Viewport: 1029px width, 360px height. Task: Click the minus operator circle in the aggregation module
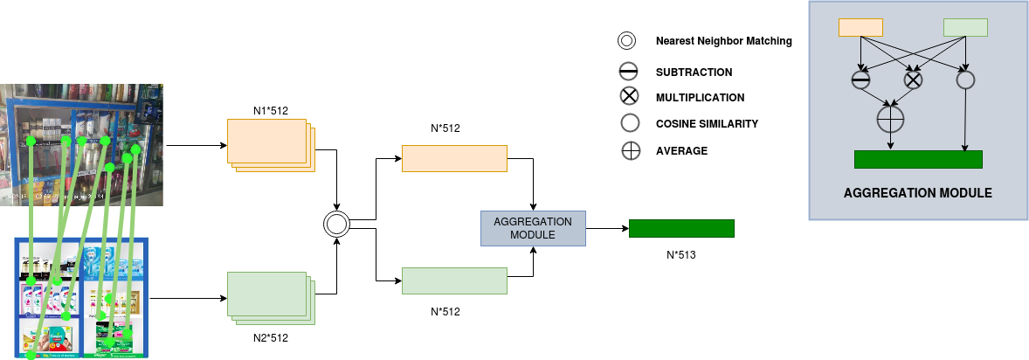(x=860, y=80)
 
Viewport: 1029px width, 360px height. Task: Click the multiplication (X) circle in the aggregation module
(x=913, y=80)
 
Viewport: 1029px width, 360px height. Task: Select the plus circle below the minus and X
(x=889, y=118)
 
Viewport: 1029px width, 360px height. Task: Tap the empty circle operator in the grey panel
(x=965, y=80)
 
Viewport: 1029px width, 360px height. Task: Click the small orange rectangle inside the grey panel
(x=860, y=27)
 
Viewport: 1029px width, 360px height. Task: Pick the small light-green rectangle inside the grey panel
(x=965, y=27)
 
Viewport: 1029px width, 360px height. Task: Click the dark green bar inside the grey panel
(x=918, y=159)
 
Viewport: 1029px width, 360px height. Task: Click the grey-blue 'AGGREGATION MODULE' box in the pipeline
(x=533, y=228)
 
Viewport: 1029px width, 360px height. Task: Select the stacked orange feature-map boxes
(x=269, y=143)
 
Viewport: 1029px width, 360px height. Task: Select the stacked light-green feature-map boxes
(x=269, y=297)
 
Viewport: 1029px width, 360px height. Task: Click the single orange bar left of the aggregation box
(x=454, y=158)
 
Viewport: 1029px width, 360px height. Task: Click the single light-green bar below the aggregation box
(x=454, y=280)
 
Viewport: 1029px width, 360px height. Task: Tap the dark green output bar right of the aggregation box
(x=681, y=228)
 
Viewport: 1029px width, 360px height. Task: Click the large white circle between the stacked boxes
(x=336, y=224)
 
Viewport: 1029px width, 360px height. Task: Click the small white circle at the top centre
(x=626, y=40)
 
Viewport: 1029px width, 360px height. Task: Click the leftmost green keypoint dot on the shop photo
(x=31, y=141)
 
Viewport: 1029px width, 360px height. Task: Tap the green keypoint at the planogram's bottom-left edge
(x=31, y=355)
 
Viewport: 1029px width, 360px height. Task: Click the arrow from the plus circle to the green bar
(x=890, y=141)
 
